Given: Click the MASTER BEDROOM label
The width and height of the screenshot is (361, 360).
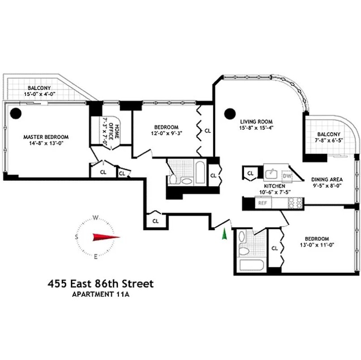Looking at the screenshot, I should (x=46, y=137).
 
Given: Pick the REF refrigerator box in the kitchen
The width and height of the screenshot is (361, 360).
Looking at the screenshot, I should (x=263, y=203).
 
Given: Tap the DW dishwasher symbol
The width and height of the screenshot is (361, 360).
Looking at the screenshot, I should (x=288, y=176).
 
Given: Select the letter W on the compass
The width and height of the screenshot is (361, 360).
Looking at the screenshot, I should (x=95, y=218).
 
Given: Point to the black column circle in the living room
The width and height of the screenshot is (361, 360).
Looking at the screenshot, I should (x=230, y=113).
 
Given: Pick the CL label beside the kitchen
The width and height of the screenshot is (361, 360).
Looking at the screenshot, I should (x=250, y=173).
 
